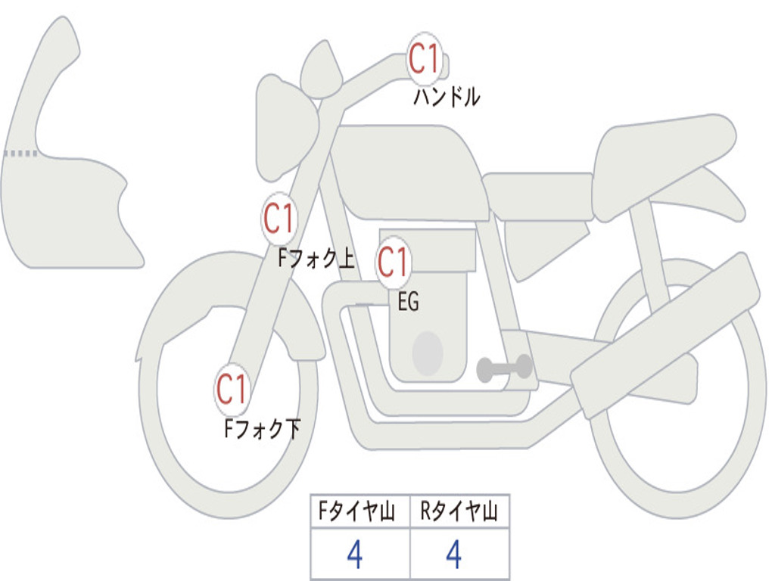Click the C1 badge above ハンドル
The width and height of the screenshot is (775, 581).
pos(425,59)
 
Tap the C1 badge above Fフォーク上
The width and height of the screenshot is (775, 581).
pos(279,219)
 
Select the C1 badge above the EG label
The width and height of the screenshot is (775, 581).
pos(394,263)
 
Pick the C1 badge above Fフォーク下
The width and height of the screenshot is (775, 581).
pos(232,390)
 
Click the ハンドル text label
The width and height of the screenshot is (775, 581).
pos(447,97)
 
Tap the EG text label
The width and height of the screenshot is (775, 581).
pos(408,302)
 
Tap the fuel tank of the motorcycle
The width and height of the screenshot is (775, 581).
pos(409,170)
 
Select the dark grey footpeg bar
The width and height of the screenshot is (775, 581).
pos(504,368)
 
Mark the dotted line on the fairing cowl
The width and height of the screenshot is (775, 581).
pos(20,154)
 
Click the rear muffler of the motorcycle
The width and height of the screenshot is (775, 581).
pos(666,333)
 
